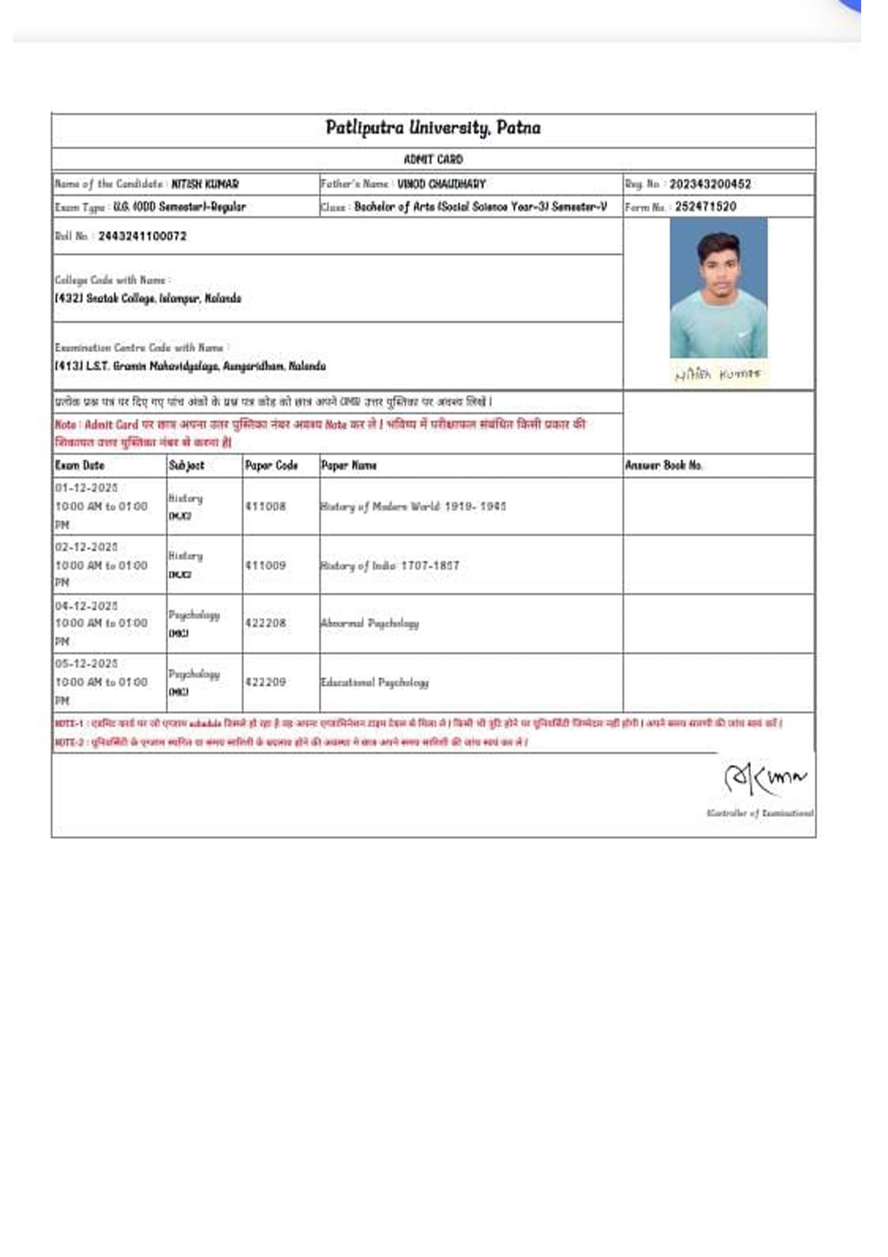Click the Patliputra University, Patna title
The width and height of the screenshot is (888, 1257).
[433, 128]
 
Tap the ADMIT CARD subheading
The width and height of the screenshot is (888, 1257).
[433, 159]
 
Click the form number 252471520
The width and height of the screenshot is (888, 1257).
[705, 206]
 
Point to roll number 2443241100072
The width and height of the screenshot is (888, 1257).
[142, 236]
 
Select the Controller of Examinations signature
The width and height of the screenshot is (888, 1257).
[765, 778]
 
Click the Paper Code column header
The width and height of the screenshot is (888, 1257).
[271, 465]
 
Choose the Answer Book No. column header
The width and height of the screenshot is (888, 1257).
[664, 465]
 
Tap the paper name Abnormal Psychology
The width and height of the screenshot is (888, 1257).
[370, 623]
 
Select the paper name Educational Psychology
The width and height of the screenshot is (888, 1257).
[375, 682]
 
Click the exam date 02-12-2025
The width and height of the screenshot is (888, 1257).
[86, 547]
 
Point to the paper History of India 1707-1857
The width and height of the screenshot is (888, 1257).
[390, 565]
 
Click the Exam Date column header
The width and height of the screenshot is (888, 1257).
[79, 465]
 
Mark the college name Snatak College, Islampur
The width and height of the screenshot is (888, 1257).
[148, 298]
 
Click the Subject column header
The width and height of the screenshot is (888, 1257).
[186, 465]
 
